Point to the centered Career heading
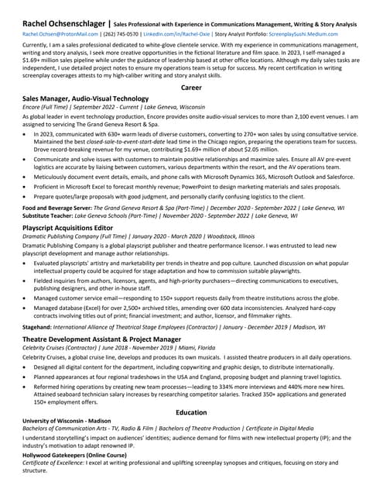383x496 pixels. coord(191,88)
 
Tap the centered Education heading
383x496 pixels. coord(191,412)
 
